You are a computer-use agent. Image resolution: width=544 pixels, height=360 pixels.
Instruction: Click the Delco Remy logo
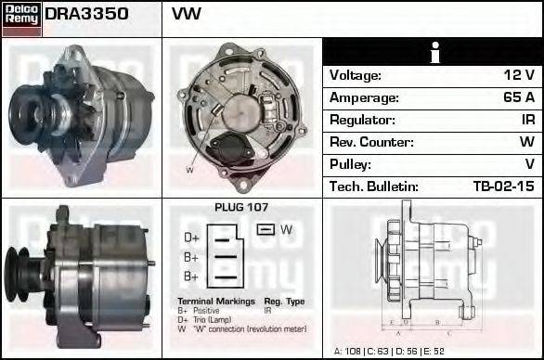(21, 18)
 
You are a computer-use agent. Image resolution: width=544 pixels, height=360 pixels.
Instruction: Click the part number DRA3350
(86, 15)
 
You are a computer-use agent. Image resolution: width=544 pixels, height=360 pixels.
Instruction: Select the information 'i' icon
(433, 53)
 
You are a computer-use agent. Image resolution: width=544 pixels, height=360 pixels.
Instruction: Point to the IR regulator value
(526, 120)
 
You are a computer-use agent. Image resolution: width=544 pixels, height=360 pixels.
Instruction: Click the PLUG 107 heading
(241, 208)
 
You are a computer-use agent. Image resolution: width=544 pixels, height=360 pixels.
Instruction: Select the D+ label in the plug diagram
(192, 238)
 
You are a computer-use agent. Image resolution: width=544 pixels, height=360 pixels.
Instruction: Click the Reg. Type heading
(284, 302)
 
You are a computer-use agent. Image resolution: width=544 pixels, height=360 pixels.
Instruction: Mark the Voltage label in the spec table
(356, 75)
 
